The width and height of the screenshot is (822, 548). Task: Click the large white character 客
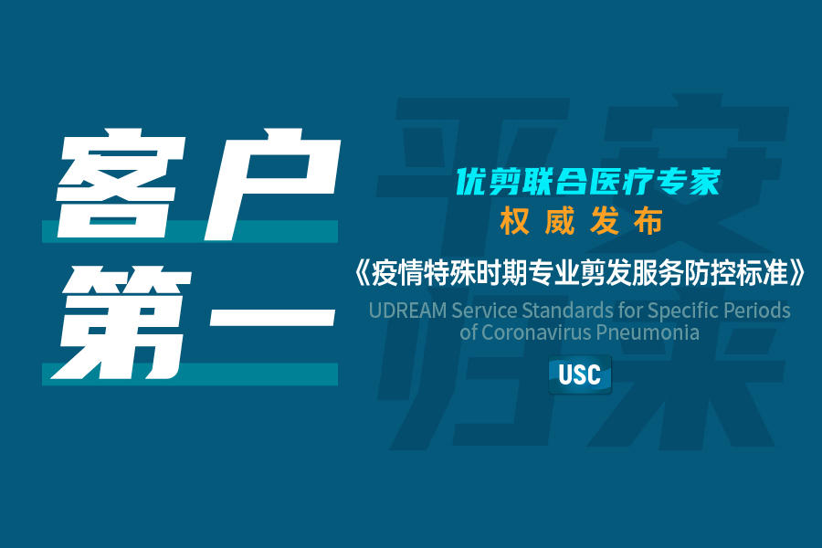(x=121, y=183)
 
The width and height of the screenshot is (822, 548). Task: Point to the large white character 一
(x=271, y=317)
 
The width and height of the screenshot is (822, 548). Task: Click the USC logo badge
(x=580, y=374)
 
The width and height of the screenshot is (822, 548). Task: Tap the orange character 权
(x=514, y=221)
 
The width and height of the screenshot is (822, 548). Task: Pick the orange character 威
(x=559, y=221)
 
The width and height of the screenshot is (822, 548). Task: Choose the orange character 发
(x=604, y=221)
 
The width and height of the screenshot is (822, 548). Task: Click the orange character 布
(x=648, y=221)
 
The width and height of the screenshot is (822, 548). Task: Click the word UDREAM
(x=408, y=311)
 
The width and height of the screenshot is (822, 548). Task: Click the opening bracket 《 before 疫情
(x=362, y=273)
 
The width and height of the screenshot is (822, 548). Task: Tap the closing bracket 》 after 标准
(x=796, y=273)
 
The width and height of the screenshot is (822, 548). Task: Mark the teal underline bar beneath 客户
(x=190, y=231)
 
